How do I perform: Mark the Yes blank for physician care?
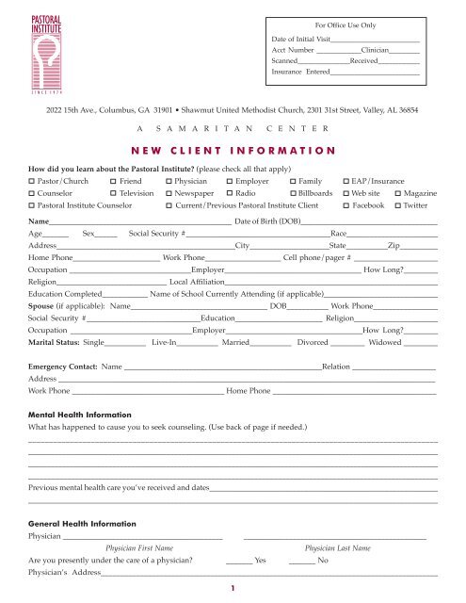(x=240, y=561)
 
